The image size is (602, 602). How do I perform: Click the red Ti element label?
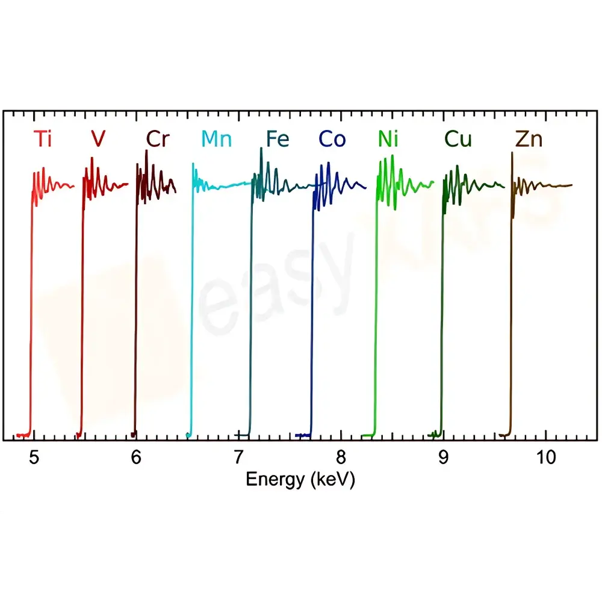point(43,139)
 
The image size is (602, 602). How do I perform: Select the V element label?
point(98,139)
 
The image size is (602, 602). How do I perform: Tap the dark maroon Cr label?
point(158,139)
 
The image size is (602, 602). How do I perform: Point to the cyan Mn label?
point(216,139)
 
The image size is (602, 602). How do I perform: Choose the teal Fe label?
point(278,139)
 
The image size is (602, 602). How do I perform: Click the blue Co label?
point(332,139)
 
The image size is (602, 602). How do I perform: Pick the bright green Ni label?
point(388,139)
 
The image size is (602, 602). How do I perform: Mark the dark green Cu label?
point(458,139)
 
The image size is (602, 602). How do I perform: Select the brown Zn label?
point(529,139)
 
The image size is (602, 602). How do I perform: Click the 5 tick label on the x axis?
point(34,458)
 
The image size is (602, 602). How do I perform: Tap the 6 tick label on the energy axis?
point(137,458)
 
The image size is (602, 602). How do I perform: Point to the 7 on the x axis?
point(239,458)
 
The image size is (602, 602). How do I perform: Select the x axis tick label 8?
point(341,458)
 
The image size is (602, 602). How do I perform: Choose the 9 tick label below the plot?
point(444,458)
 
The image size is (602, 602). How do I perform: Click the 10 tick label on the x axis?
point(546,458)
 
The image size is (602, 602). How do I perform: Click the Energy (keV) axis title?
point(300,480)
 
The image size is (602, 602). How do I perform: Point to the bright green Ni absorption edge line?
point(376,301)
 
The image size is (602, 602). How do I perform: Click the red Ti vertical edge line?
point(31,301)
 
